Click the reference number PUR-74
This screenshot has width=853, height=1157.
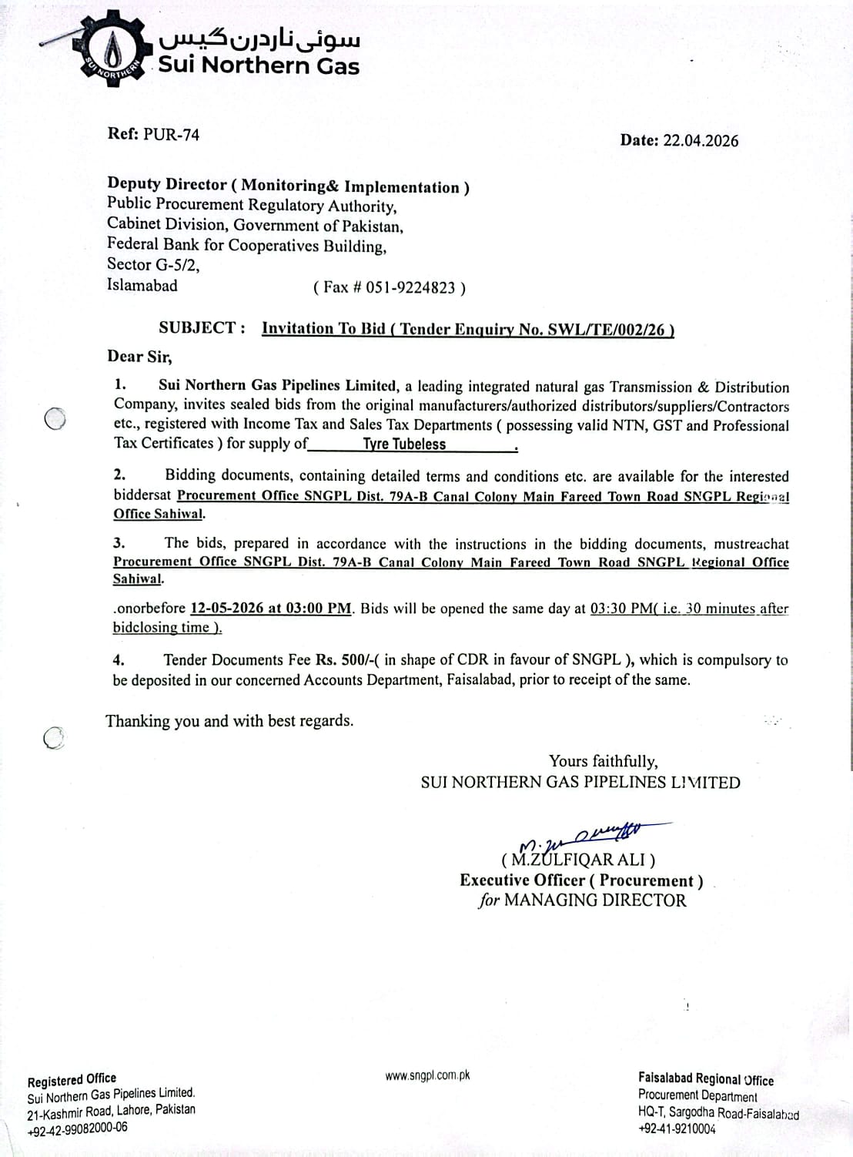click(x=171, y=134)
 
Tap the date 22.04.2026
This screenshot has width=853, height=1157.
click(x=700, y=140)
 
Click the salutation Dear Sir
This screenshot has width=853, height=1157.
click(x=139, y=356)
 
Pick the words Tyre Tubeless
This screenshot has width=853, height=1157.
click(x=404, y=444)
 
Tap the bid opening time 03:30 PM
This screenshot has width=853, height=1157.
click(x=620, y=608)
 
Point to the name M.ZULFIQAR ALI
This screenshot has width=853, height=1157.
click(x=578, y=860)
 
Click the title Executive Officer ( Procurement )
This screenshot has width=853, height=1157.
click(x=581, y=880)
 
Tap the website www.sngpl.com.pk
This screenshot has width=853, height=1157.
click(x=427, y=1075)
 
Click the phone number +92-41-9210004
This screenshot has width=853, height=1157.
click(x=677, y=1129)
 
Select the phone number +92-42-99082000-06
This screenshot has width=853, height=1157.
click(x=77, y=1128)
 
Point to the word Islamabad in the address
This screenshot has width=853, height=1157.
click(x=142, y=285)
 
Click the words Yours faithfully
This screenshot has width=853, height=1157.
click(x=603, y=761)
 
